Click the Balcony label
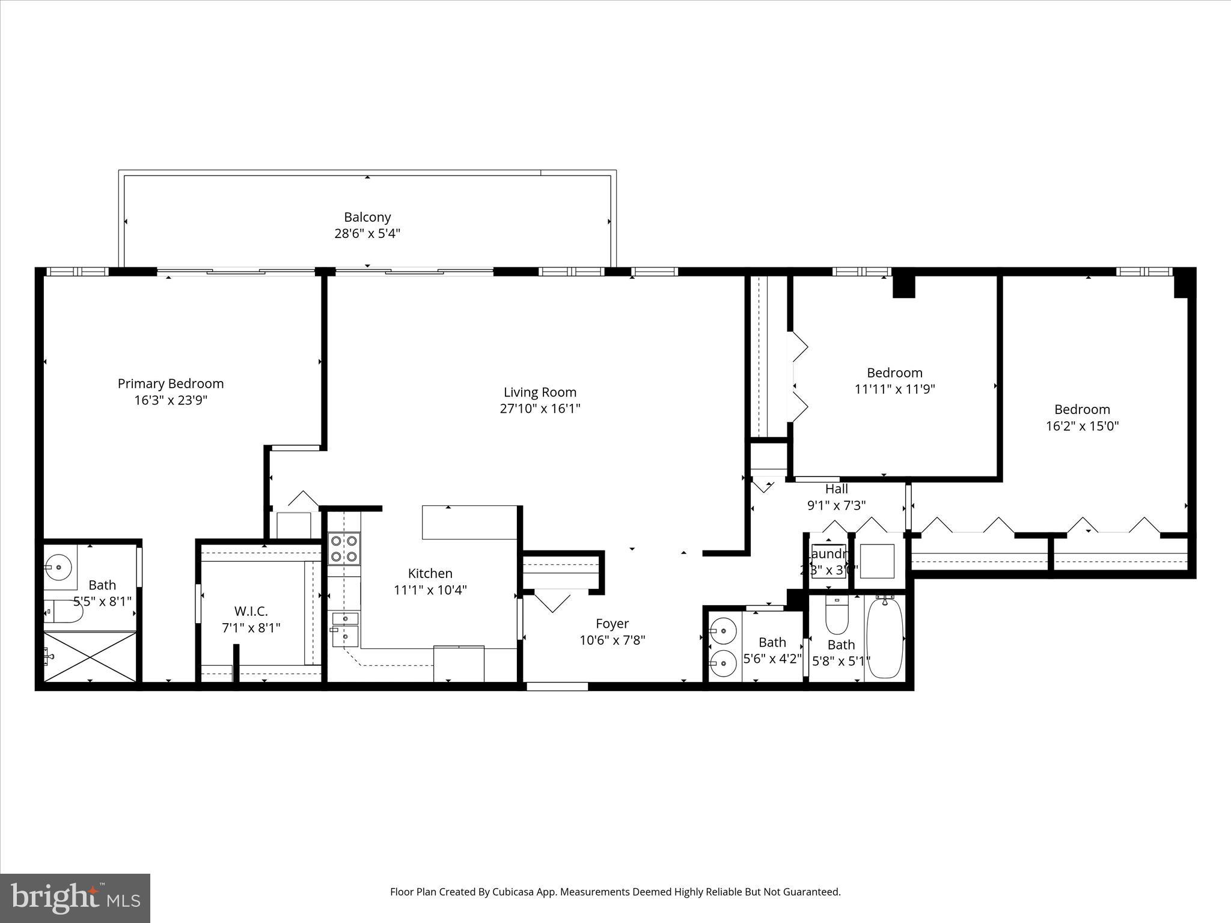(367, 217)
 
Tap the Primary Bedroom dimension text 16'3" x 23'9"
(171, 400)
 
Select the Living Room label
(540, 392)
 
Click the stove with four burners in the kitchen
(344, 549)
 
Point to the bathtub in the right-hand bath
(885, 638)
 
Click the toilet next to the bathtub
(837, 615)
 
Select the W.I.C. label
(251, 611)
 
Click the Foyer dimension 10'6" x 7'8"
(612, 641)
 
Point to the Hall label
(836, 489)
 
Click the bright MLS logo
(75, 898)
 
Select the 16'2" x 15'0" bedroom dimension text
(1082, 426)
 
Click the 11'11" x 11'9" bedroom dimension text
(894, 389)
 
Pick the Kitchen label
(430, 573)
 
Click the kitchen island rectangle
(469, 522)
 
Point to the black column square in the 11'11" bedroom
(903, 287)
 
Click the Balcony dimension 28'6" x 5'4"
(367, 234)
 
